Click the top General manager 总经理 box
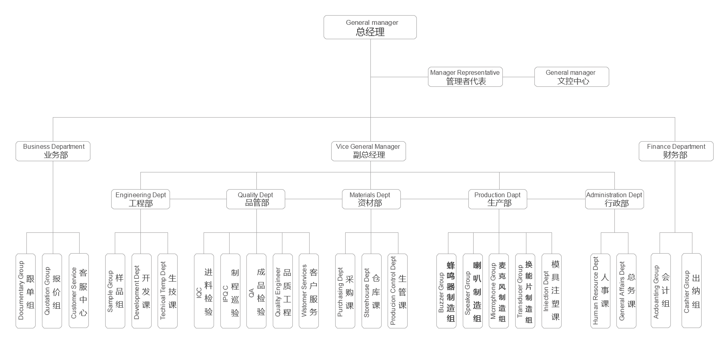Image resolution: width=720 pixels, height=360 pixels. [x=370, y=27]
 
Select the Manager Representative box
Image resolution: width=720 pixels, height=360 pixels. [x=465, y=77]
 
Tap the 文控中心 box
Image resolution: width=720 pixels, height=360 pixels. [x=572, y=77]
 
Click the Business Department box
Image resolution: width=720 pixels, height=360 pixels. [x=53, y=151]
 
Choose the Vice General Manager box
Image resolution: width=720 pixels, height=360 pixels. [x=368, y=151]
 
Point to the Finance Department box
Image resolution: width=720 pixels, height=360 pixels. [x=676, y=151]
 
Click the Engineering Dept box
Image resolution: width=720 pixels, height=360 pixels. [x=140, y=199]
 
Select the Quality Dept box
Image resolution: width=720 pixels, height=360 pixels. [x=256, y=199]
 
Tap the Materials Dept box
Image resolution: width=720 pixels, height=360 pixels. [x=371, y=199]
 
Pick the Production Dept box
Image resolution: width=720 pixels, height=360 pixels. [x=498, y=199]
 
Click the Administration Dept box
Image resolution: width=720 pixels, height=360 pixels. [x=614, y=199]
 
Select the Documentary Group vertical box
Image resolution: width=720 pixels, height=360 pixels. [x=26, y=291]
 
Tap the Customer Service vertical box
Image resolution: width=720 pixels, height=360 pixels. [x=79, y=291]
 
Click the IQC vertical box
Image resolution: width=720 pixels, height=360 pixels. [x=204, y=291]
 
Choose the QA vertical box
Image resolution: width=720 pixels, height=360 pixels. [x=256, y=291]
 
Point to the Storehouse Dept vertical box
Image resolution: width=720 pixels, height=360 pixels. [x=372, y=291]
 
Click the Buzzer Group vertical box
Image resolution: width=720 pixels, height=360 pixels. [x=446, y=291]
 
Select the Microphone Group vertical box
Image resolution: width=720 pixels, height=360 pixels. [x=499, y=291]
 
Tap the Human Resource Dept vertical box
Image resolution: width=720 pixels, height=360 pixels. [x=600, y=291]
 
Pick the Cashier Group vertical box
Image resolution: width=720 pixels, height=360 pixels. [x=692, y=291]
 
